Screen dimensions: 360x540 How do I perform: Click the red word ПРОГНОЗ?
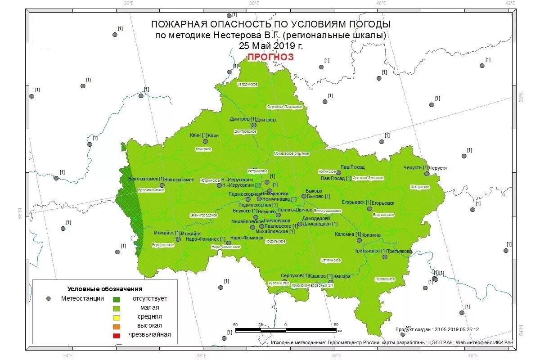click(270, 57)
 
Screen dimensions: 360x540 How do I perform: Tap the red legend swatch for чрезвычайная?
click(117, 335)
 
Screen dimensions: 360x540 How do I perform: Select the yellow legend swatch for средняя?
click(117, 317)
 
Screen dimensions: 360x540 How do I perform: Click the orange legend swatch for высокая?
click(117, 326)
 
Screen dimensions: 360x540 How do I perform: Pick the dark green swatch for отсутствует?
click(117, 299)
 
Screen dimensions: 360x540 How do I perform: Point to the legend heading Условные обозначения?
click(105, 289)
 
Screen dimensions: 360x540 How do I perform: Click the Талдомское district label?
click(247, 84)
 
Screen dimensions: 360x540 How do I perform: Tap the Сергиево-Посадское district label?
click(284, 107)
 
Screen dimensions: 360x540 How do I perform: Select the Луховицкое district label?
click(385, 279)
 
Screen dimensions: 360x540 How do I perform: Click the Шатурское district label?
click(420, 186)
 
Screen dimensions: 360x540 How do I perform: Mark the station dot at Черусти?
click(427, 173)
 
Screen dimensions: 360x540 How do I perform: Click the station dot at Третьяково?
click(385, 257)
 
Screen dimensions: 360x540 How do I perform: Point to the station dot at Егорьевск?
click(369, 209)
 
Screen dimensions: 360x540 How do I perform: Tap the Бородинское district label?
click(163, 245)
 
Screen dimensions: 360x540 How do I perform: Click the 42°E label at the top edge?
click(510, 3)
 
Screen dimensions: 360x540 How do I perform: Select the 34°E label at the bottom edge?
click(68, 355)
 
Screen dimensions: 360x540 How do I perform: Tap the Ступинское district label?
click(331, 261)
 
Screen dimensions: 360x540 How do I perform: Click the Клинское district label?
click(203, 149)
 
